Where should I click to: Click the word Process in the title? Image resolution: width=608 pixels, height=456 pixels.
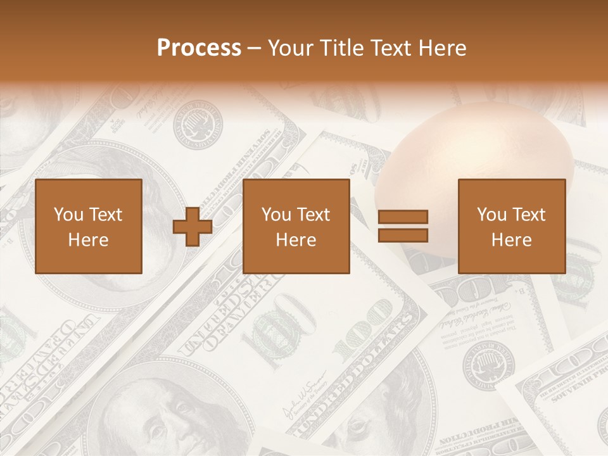(x=199, y=48)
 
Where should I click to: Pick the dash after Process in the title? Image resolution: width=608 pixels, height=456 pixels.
(x=255, y=48)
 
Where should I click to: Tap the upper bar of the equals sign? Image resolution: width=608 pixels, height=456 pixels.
(x=403, y=217)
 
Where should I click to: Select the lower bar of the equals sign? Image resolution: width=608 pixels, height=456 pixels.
(x=403, y=236)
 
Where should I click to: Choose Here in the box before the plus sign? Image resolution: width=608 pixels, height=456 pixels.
(x=88, y=240)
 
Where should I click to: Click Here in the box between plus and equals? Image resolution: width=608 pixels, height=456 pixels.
(x=296, y=240)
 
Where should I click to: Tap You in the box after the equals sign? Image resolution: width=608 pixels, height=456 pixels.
(x=492, y=215)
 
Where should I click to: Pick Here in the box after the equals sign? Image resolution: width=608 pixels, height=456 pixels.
(x=511, y=240)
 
